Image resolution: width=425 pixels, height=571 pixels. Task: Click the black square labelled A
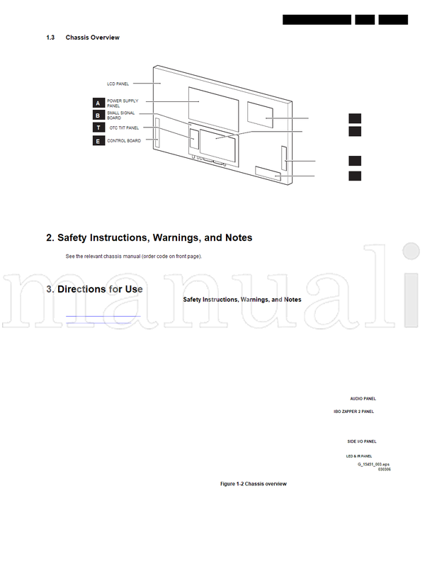[x=98, y=103]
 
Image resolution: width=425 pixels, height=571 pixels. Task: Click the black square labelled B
[x=98, y=115]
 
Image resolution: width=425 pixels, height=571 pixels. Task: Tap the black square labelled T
[x=98, y=128]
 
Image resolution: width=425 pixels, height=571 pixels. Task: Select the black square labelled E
[x=98, y=141]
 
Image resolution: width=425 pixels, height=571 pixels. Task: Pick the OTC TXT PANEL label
[x=124, y=128]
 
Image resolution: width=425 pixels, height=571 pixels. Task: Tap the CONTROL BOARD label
[x=123, y=140]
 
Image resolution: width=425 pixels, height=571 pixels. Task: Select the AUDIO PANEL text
[x=363, y=399]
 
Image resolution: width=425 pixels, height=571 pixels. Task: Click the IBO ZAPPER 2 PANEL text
[x=353, y=411]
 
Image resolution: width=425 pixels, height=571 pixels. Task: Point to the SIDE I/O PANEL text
[x=361, y=441]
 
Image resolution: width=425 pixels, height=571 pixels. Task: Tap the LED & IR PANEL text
[x=358, y=456]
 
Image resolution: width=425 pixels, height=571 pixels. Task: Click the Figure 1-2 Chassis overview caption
[x=253, y=483]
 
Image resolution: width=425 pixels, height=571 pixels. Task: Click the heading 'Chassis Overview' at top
[x=92, y=38]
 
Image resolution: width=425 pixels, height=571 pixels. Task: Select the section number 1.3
[x=50, y=38]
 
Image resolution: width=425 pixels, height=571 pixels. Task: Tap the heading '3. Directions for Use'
[x=94, y=289]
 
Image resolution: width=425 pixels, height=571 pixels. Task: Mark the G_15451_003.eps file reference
[x=374, y=463]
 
